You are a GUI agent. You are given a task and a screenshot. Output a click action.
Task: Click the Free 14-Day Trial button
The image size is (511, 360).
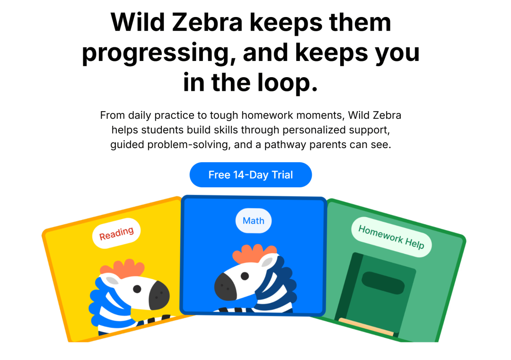pyautogui.click(x=251, y=175)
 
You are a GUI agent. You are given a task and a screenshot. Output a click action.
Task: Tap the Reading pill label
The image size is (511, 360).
pyautogui.click(x=116, y=233)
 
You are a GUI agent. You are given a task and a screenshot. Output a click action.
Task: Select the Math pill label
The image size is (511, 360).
pyautogui.click(x=254, y=220)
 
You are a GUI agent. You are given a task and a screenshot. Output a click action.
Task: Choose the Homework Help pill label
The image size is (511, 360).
pyautogui.click(x=391, y=237)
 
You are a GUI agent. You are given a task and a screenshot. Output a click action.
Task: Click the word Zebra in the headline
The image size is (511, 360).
pyautogui.click(x=207, y=22)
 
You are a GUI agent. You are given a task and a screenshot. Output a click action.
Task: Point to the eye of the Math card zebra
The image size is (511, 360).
pyautogui.click(x=245, y=276)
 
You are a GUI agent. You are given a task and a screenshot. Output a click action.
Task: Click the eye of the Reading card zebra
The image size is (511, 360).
pyautogui.click(x=137, y=289)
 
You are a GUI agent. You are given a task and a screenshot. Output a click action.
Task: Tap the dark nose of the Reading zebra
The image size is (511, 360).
pyautogui.click(x=159, y=295)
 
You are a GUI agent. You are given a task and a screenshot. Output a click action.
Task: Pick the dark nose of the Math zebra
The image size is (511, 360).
pyautogui.click(x=225, y=287)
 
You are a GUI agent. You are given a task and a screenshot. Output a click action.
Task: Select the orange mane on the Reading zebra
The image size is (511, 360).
pyautogui.click(x=122, y=268)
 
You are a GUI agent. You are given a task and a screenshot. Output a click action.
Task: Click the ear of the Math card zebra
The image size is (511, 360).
pyautogui.click(x=268, y=262)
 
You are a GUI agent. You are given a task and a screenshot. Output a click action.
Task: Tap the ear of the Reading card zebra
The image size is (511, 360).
pyautogui.click(x=112, y=280)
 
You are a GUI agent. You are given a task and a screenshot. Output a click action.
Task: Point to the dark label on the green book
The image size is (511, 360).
pyautogui.click(x=383, y=283)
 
